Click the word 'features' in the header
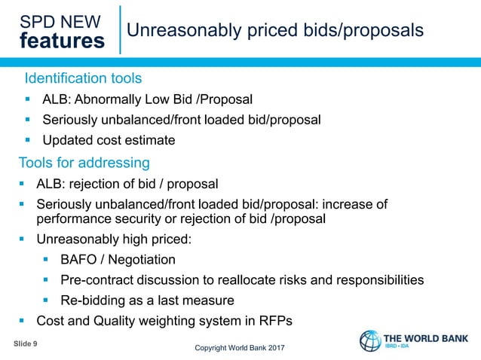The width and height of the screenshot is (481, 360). coord(63,41)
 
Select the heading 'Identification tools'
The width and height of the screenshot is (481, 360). coord(83,78)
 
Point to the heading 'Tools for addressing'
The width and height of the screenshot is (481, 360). coord(84,163)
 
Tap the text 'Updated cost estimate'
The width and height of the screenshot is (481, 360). coord(109,140)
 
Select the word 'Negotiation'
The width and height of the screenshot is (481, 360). coord(140,260)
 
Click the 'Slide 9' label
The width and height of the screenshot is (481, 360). coord(26,343)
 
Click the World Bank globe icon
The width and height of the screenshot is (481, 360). coord(370,340)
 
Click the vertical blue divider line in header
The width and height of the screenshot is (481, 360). coord(120,29)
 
